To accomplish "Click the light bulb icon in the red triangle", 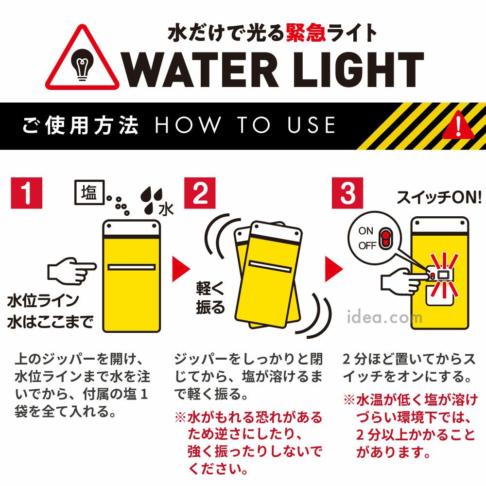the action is [82, 65].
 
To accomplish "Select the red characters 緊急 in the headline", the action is [306, 33].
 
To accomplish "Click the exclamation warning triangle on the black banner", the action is [458, 125].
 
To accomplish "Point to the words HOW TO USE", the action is [245, 125].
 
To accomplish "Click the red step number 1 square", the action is [26, 193].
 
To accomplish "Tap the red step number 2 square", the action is [200, 193].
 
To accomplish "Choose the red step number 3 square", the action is [347, 193].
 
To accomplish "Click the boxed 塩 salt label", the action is [89, 192].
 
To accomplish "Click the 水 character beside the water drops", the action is [166, 209].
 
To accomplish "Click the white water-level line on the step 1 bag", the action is [131, 267].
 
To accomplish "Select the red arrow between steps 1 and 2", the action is [180, 269].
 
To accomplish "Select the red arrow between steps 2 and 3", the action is [333, 269].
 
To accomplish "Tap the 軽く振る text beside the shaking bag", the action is [210, 297].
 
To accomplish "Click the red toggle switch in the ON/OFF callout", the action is [385, 238].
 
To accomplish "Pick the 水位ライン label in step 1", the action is [43, 300].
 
